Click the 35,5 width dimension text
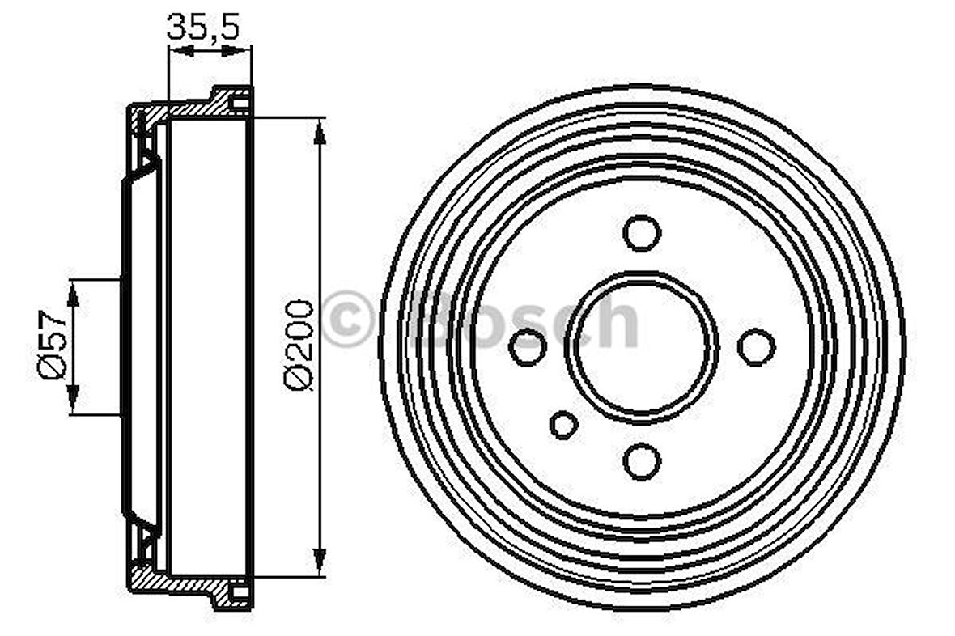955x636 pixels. coord(203,26)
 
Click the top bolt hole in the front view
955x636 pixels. coord(642,232)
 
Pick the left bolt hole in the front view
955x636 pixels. coord(528,347)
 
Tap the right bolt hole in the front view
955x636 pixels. coord(757,347)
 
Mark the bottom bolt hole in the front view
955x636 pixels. coord(642,461)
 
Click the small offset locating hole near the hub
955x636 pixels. coord(563,424)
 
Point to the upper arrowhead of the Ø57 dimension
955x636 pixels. coord(73,293)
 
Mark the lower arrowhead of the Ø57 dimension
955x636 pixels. coord(73,400)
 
